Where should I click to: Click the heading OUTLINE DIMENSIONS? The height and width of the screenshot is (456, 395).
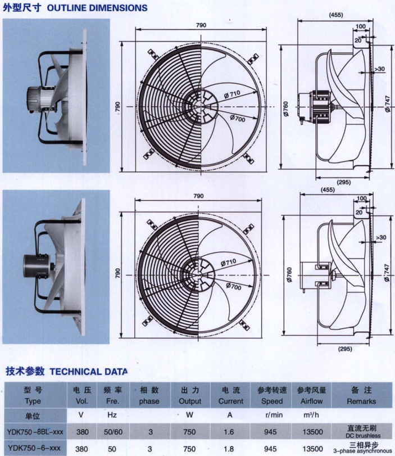97,8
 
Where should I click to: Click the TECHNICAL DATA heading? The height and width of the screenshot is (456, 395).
88,371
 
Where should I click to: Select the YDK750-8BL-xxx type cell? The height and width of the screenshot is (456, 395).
35,432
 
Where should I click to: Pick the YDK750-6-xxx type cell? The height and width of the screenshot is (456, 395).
34,448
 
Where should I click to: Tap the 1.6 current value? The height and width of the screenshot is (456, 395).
229,432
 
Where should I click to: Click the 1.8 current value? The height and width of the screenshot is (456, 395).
229,449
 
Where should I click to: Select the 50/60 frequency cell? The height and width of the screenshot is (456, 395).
113,432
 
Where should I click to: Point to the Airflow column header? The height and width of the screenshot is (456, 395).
312,401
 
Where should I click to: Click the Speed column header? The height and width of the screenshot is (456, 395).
272,401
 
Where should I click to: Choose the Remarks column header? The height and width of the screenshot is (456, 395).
361,401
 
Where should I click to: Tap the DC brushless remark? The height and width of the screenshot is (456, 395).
363,436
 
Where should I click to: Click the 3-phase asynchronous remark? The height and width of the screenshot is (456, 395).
362,451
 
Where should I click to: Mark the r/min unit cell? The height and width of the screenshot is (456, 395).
274,415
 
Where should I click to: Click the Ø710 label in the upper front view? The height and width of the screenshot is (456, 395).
232,94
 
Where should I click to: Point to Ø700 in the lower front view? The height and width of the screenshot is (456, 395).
234,286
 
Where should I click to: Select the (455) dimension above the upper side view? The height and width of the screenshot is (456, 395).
335,15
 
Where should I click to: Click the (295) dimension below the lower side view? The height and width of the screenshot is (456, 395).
345,349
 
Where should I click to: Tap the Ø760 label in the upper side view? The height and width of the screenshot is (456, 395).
285,109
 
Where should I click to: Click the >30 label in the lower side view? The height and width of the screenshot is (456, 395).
381,238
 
